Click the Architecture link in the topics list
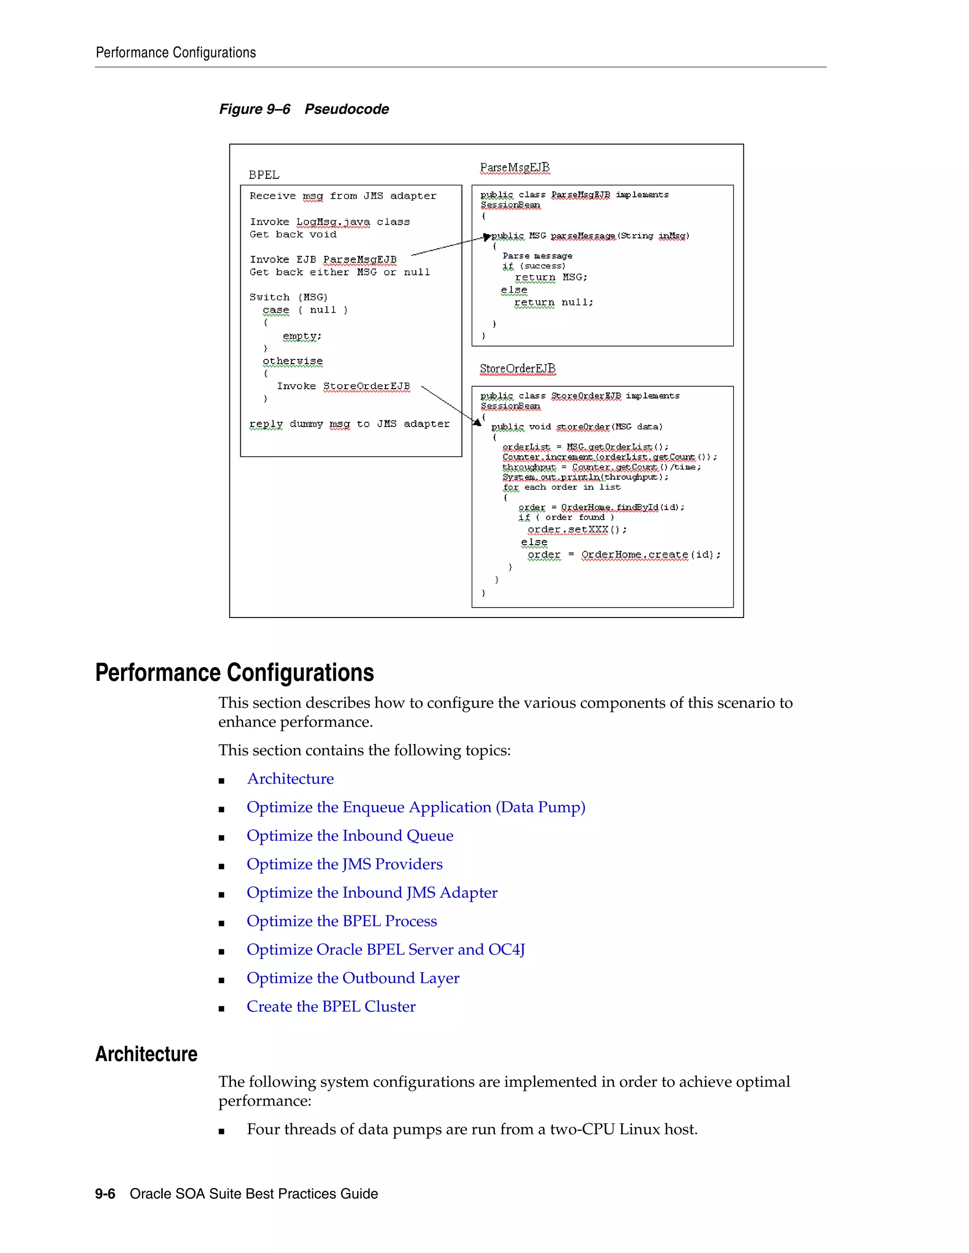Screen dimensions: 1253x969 pos(290,779)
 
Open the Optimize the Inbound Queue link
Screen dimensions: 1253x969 pos(350,835)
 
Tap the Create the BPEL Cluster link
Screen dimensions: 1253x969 pos(331,1006)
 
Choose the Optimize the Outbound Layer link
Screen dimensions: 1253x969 pos(352,978)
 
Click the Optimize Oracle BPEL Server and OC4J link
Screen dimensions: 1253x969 pos(385,949)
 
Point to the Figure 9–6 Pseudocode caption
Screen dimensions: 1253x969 pos(304,109)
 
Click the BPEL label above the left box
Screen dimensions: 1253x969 pos(264,174)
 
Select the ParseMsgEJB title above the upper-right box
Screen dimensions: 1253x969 pos(514,167)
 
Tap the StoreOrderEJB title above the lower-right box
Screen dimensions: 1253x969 pos(517,368)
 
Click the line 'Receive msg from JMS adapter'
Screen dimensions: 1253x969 pos(343,196)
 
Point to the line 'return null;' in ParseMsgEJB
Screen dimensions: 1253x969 pos(554,302)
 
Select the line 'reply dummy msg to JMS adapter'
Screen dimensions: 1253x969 pos(349,424)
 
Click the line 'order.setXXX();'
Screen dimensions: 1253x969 pos(576,530)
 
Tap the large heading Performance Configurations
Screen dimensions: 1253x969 pos(234,672)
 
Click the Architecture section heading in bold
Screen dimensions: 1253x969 pos(146,1054)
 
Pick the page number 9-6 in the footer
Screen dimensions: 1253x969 pos(105,1194)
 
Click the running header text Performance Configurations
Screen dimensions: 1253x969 pos(176,53)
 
